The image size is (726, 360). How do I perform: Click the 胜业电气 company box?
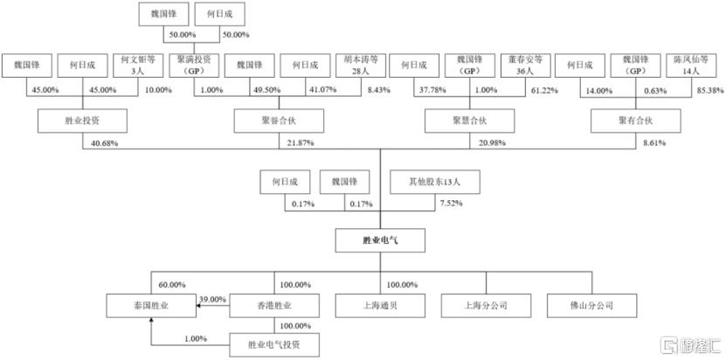[x=380, y=239]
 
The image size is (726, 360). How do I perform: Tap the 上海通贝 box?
[x=380, y=306]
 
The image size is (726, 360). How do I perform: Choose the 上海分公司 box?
[x=486, y=306]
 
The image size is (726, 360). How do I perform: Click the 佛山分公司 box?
[x=591, y=306]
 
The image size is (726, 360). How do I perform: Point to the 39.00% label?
[x=212, y=298]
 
